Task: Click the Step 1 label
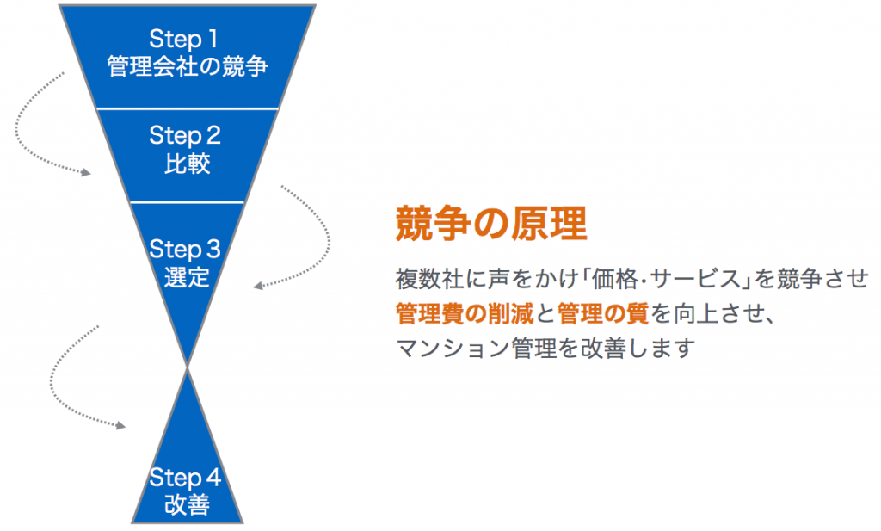click(183, 39)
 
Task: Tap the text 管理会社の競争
click(187, 66)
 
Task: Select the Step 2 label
click(185, 136)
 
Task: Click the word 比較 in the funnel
click(187, 164)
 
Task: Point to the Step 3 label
click(185, 250)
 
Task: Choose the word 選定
click(187, 277)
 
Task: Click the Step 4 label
click(185, 477)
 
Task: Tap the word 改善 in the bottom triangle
click(187, 504)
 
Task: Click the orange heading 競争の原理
click(491, 223)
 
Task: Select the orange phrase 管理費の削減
click(465, 313)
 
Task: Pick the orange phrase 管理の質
click(603, 313)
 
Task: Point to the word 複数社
click(429, 279)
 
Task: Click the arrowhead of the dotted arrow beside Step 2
click(86, 172)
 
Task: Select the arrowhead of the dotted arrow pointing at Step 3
click(258, 286)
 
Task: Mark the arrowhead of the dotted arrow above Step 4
click(120, 425)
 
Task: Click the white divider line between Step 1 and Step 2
click(188, 108)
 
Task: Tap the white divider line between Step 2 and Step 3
click(188, 201)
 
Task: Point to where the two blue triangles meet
click(188, 367)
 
